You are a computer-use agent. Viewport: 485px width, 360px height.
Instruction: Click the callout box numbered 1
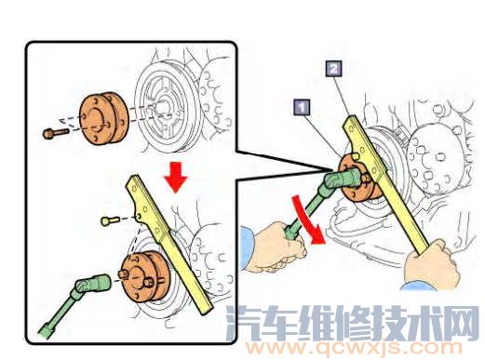301,107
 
